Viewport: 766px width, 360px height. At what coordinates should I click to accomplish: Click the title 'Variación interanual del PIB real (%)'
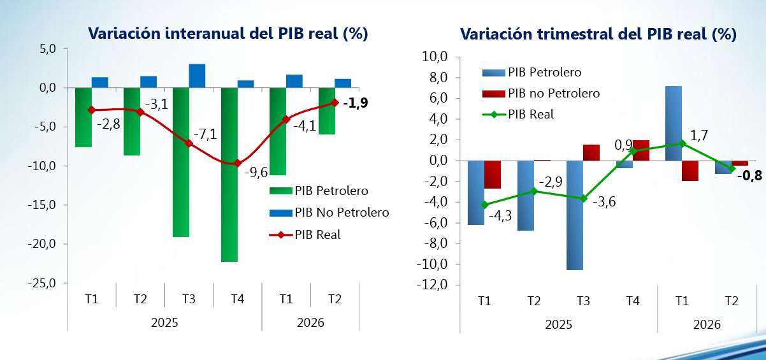click(x=228, y=34)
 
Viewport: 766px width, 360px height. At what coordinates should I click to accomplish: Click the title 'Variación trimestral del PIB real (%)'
click(x=598, y=34)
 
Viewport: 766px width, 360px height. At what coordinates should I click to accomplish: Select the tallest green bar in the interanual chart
click(x=229, y=175)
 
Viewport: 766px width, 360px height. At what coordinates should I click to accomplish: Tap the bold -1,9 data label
click(x=356, y=103)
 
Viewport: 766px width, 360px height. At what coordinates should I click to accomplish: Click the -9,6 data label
click(x=256, y=172)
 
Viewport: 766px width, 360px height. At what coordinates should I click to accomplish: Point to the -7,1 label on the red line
click(x=205, y=134)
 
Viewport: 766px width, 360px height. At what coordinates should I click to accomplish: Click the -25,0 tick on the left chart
click(x=41, y=283)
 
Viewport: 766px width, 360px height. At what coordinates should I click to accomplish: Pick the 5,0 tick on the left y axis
click(x=48, y=49)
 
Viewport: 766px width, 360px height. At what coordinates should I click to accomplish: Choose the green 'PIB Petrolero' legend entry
click(x=319, y=191)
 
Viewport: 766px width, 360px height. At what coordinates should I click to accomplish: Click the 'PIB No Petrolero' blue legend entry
click(x=329, y=213)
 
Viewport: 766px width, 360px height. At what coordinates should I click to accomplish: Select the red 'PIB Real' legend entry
click(x=305, y=235)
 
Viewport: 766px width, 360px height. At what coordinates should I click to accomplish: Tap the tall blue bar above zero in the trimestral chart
click(x=674, y=124)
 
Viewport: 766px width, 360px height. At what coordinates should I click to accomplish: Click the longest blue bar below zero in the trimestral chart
click(x=575, y=215)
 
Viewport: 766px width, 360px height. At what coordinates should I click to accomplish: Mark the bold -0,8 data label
click(x=749, y=176)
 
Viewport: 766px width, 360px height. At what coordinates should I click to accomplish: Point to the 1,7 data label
click(x=699, y=136)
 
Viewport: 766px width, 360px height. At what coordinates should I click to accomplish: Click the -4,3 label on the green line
click(x=500, y=216)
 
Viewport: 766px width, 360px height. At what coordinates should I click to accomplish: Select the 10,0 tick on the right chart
click(x=435, y=57)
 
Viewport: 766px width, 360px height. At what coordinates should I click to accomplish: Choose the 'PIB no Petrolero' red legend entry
click(x=541, y=93)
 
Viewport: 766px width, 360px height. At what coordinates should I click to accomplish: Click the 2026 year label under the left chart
click(x=310, y=323)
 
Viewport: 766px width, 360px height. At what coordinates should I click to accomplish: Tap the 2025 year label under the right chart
click(x=558, y=324)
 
